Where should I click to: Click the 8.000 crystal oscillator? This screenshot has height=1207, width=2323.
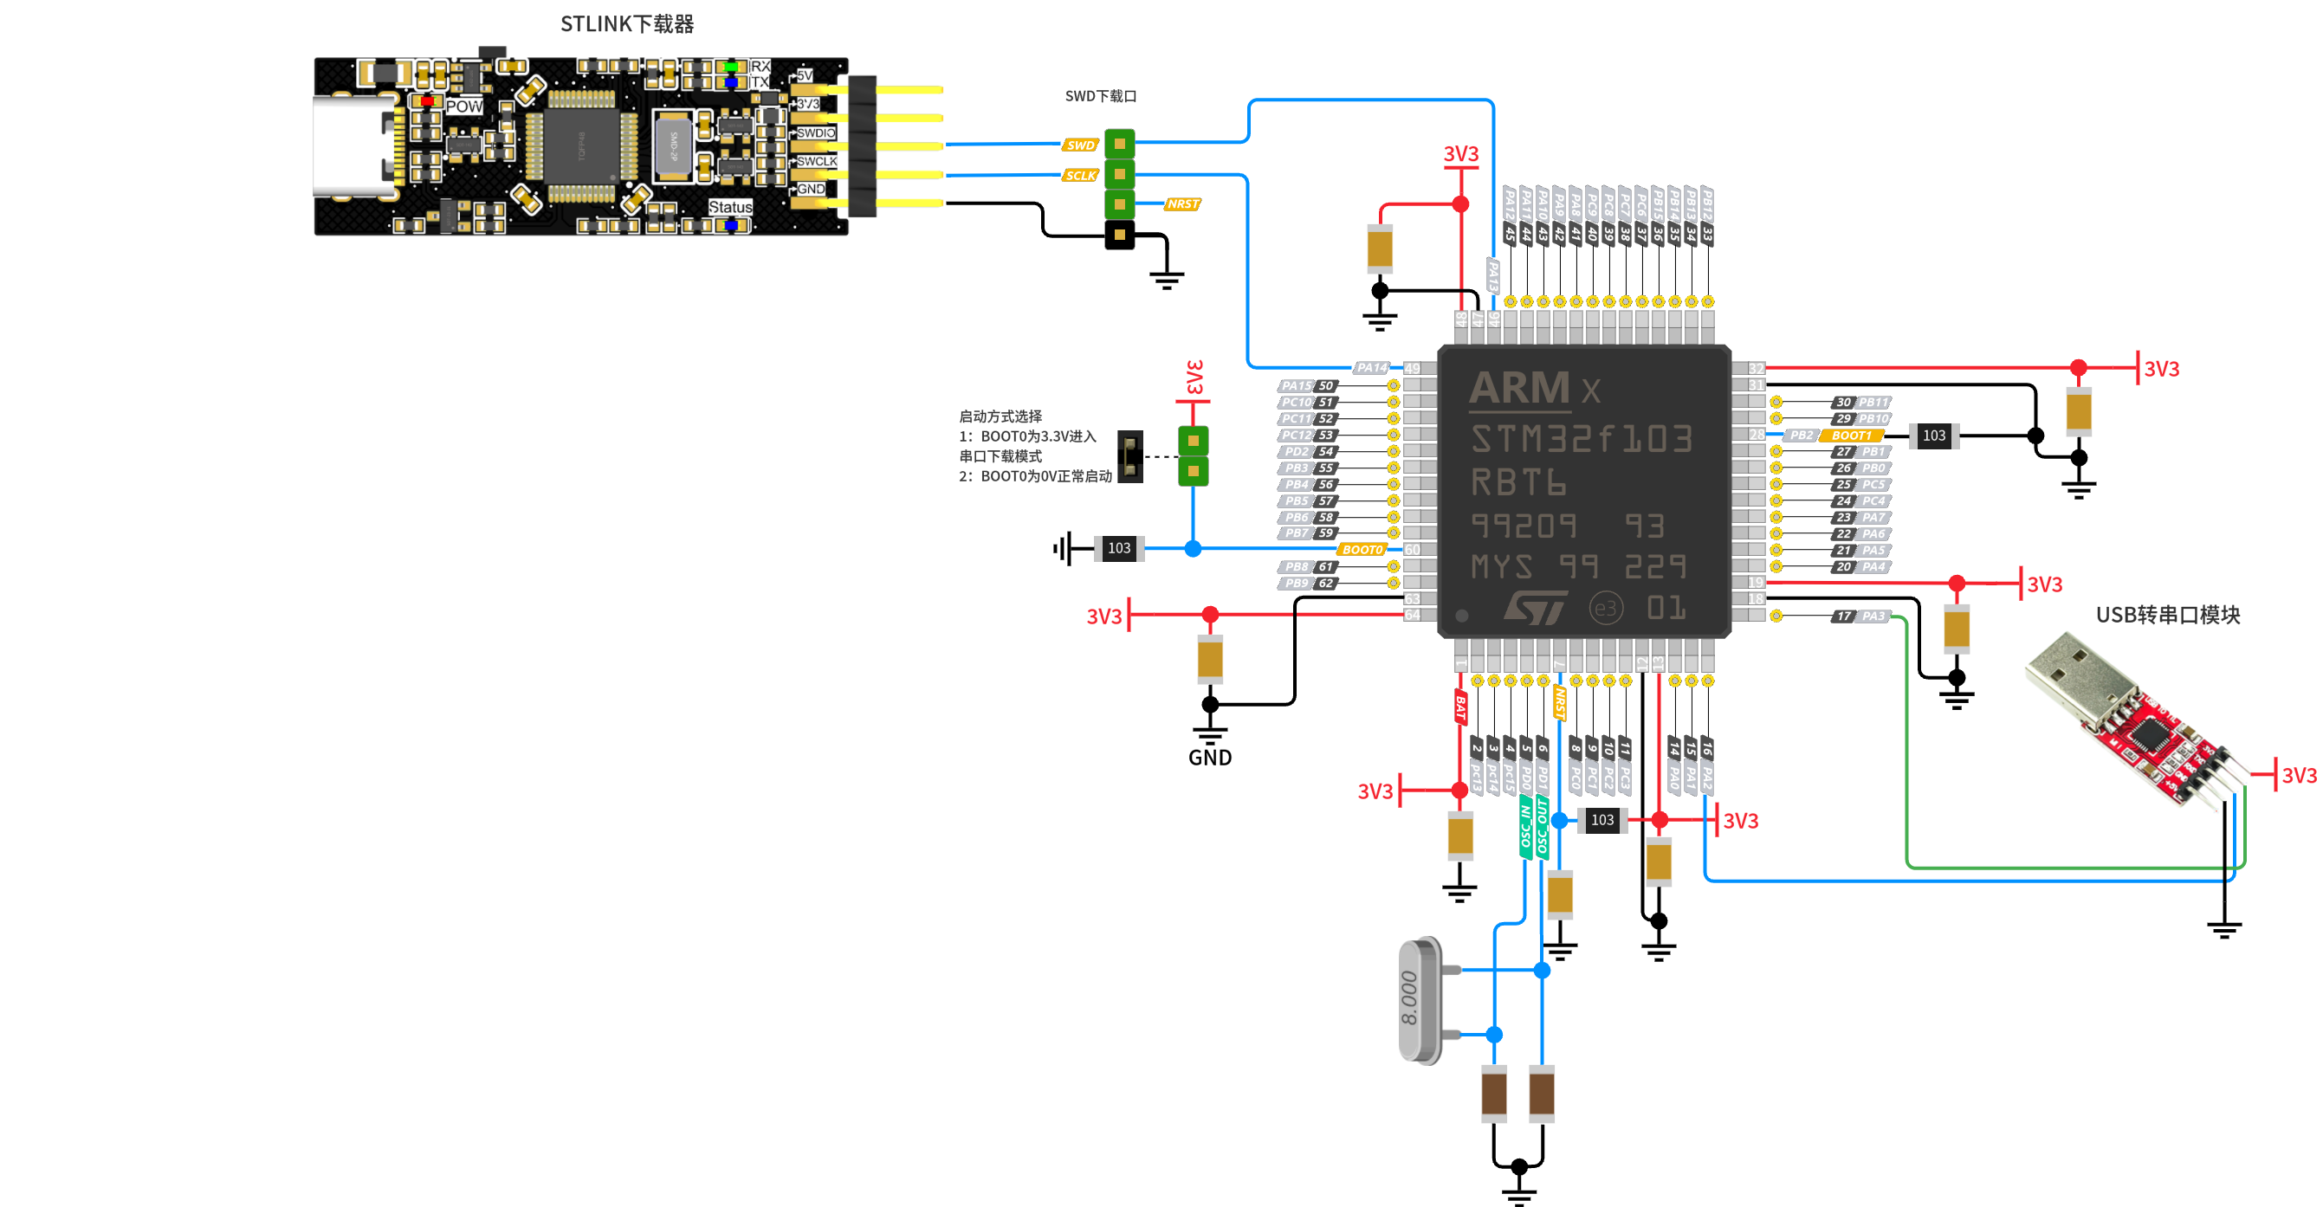[x=1421, y=1001]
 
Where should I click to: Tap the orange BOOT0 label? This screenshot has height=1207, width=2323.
[x=1362, y=549]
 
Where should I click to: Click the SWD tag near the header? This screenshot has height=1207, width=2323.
[x=1079, y=145]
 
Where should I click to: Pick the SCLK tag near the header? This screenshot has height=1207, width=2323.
[x=1079, y=176]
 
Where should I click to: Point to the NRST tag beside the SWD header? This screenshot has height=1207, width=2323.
[x=1181, y=204]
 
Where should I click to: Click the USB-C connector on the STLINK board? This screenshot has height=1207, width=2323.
[x=353, y=146]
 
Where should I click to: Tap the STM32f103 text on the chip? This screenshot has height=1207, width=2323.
[x=1581, y=439]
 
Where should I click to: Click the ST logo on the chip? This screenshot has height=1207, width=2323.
[x=1534, y=609]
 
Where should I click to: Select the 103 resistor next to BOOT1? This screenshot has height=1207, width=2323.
[x=1933, y=436]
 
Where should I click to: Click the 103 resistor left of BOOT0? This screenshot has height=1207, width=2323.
[x=1118, y=548]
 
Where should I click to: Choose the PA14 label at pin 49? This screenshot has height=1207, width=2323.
[x=1371, y=368]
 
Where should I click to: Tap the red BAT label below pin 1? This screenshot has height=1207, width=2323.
[x=1460, y=707]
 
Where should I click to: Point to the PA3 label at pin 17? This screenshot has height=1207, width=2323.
[x=1872, y=616]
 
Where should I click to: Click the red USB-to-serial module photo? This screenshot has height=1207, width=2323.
[x=2138, y=721]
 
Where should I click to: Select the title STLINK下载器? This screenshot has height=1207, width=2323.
[x=627, y=24]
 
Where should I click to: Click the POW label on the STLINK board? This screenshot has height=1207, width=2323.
[x=463, y=106]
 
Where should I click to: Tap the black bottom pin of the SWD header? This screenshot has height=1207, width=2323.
[x=1119, y=235]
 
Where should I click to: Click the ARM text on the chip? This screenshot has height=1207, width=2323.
[x=1519, y=389]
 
